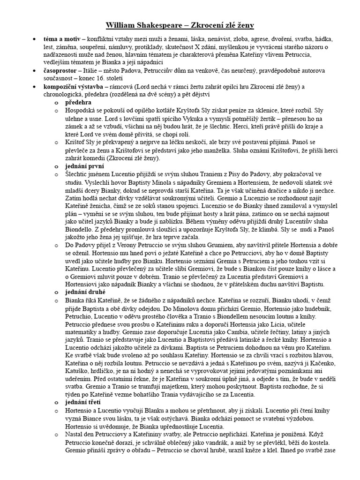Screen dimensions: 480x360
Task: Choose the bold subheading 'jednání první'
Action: click(x=85, y=166)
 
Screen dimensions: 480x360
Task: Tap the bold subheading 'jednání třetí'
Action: click(x=83, y=402)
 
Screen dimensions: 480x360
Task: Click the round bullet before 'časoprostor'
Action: click(x=34, y=71)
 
